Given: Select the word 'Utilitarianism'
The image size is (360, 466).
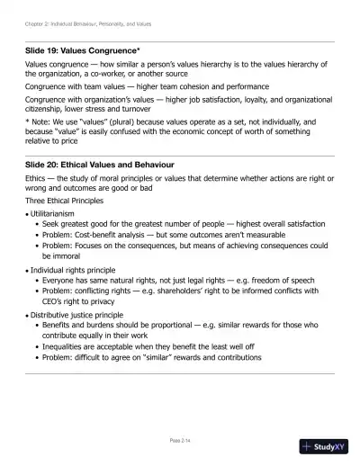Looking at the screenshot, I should point(58,215).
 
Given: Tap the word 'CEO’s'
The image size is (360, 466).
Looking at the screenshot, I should point(54,301).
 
